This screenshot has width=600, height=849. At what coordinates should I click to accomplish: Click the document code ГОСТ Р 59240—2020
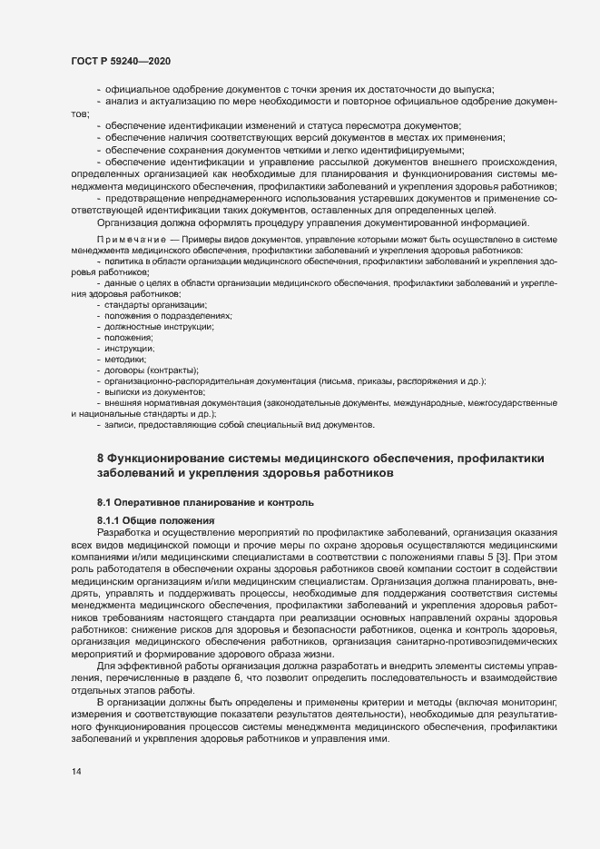[120, 61]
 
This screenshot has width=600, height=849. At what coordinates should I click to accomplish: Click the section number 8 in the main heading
[101, 456]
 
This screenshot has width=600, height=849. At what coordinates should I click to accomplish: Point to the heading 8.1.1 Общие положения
[150, 519]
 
